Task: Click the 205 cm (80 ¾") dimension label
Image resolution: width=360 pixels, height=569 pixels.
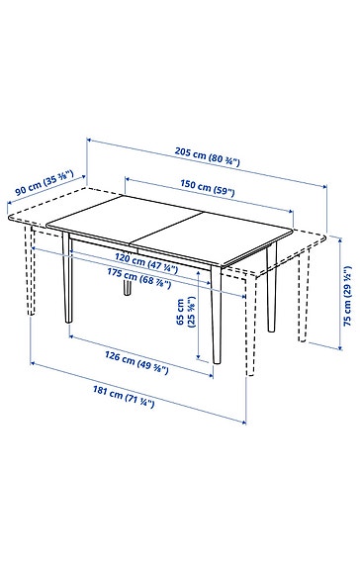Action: tap(220, 154)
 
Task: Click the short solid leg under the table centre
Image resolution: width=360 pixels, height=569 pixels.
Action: tap(129, 286)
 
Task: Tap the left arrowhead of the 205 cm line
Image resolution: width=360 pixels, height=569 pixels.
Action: tap(90, 141)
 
